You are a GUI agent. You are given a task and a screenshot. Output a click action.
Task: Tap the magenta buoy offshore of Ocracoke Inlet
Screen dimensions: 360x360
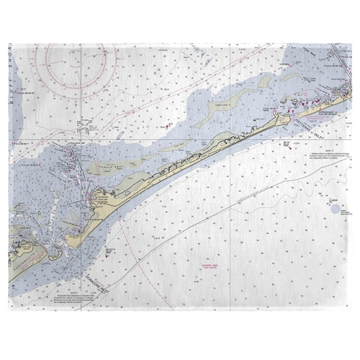point(108,251)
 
